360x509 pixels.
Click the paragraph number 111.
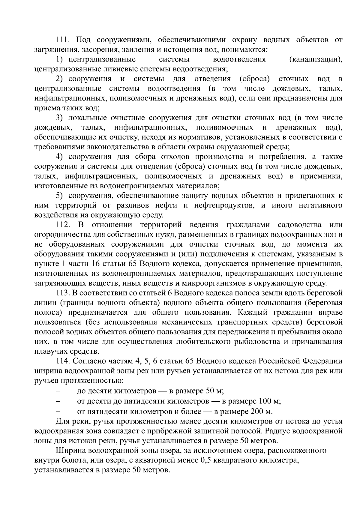click(63, 40)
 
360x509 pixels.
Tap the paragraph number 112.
click(63, 225)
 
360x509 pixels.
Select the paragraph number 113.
click(63, 293)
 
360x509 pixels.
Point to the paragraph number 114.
click(63, 361)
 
